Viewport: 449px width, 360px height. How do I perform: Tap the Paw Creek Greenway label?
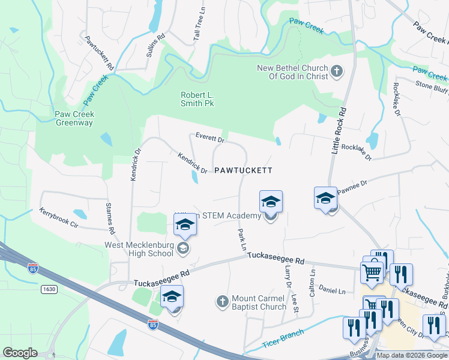tap(74, 118)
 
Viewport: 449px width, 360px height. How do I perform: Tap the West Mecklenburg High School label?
tap(139, 249)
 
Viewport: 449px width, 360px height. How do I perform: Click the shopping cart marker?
tap(372, 272)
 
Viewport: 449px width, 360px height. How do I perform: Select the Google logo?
tap(20, 353)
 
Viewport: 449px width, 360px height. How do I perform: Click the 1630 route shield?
tap(49, 289)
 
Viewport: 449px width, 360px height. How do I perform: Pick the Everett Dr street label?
tap(209, 139)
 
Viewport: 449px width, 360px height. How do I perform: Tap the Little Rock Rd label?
tap(339, 131)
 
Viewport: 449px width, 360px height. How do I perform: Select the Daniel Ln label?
tap(332, 291)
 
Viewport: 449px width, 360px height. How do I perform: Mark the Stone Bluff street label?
tap(432, 85)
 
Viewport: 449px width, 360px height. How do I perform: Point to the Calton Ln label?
tap(312, 282)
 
